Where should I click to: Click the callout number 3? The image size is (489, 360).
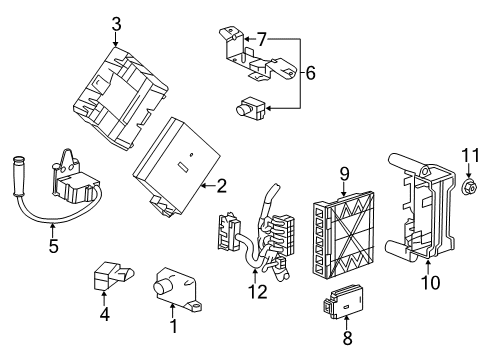tap(116, 22)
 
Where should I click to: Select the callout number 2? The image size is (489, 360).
tap(222, 184)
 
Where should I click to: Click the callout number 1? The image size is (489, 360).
tap(172, 325)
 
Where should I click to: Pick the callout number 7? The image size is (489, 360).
tap(261, 38)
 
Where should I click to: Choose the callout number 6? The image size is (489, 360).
tap(309, 73)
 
